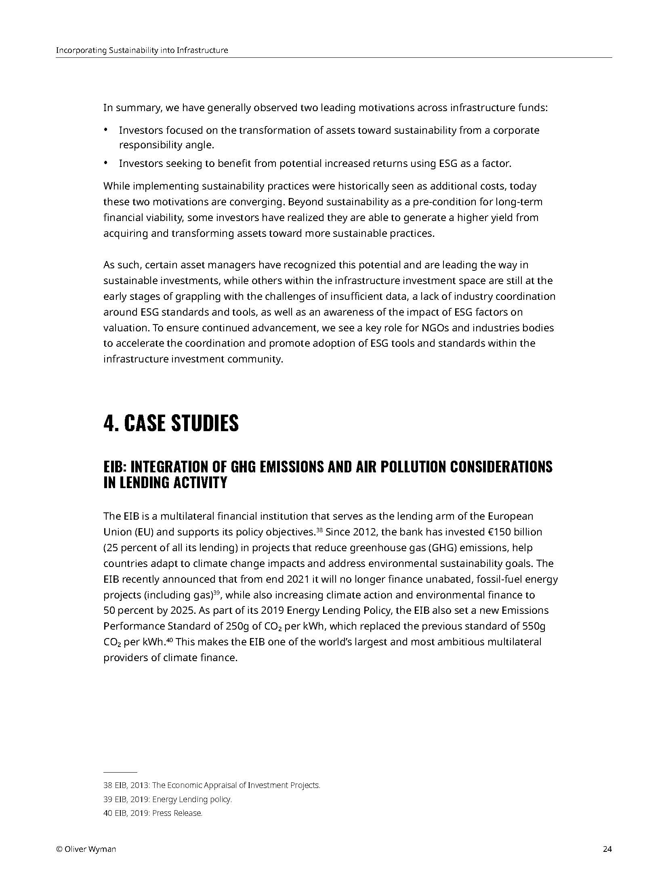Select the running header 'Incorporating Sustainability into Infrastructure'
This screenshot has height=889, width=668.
pos(142,51)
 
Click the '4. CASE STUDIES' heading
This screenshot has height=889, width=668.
pos(171,423)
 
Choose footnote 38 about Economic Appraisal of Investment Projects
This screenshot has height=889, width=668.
pos(212,785)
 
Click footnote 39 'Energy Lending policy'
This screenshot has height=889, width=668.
pos(168,799)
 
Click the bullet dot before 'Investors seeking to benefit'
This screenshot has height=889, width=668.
pos(106,163)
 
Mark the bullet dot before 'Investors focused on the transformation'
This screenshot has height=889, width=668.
pos(106,130)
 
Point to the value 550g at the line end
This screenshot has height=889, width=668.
pos(534,626)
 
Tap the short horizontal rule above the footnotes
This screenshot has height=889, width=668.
pos(120,772)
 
